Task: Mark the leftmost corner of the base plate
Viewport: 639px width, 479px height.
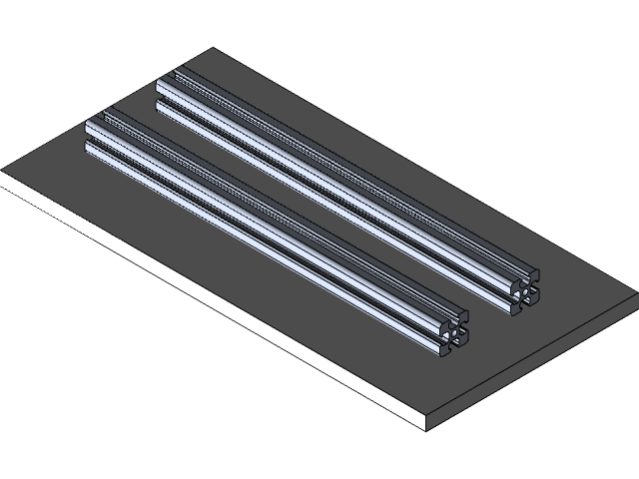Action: (x=2, y=173)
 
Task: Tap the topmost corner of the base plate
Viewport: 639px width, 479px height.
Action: (x=212, y=49)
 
